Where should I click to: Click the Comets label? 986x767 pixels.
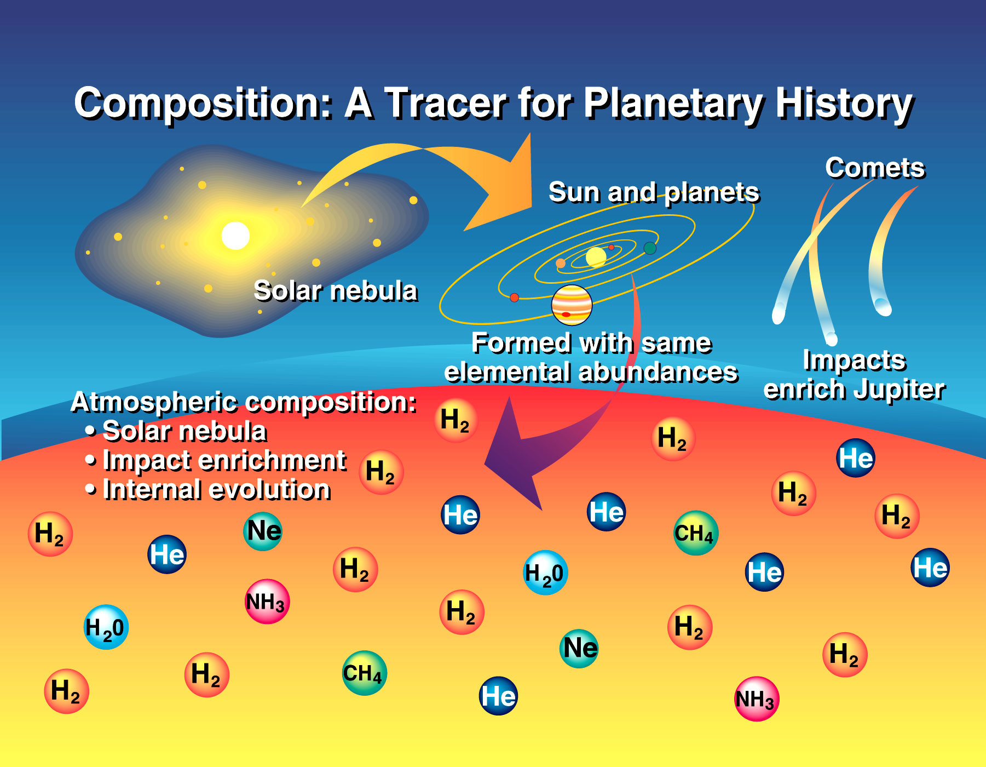[x=875, y=168]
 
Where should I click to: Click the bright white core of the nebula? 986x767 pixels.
[x=235, y=236]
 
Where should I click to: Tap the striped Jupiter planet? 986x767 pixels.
[x=572, y=305]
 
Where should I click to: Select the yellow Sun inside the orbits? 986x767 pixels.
[x=596, y=256]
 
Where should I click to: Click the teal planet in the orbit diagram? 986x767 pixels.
[x=650, y=248]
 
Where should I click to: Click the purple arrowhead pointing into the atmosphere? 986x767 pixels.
[x=512, y=455]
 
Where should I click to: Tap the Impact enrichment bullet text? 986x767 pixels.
[x=224, y=461]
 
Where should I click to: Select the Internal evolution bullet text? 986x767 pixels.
[x=217, y=489]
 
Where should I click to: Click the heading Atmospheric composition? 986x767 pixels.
[x=244, y=403]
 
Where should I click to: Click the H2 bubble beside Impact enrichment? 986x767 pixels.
[x=381, y=472]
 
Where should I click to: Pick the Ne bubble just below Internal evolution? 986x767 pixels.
[x=263, y=531]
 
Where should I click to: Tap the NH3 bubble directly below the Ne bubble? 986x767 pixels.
[x=267, y=602]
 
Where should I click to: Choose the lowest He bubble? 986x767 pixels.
[x=498, y=696]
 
